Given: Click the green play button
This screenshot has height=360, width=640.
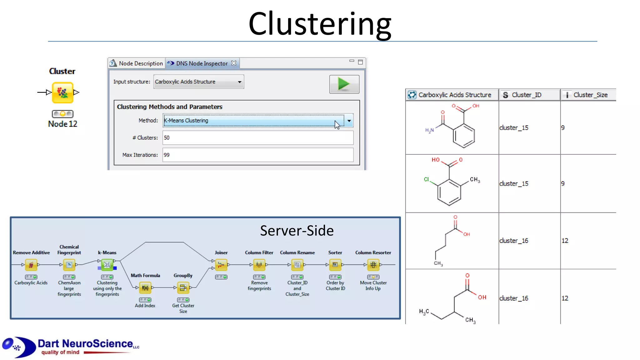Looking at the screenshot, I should (344, 84).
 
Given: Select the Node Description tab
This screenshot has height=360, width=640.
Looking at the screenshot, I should (137, 63).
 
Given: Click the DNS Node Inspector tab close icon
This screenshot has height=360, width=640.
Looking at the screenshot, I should (234, 63).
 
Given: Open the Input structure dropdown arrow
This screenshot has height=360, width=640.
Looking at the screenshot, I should (239, 82).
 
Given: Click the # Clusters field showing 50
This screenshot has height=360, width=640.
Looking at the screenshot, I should (257, 138).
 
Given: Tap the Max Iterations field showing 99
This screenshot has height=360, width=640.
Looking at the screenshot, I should (257, 155).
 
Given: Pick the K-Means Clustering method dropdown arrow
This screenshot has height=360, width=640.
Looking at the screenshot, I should (349, 121).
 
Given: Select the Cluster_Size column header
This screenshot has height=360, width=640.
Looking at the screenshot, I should (589, 95).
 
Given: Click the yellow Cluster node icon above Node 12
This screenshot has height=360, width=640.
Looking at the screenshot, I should (63, 92).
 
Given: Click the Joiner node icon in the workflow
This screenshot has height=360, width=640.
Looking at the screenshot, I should (221, 265).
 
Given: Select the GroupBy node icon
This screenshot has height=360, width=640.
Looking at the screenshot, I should (183, 287).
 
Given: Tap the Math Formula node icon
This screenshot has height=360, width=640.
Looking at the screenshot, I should (145, 287).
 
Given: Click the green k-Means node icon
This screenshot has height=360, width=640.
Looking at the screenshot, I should (107, 265).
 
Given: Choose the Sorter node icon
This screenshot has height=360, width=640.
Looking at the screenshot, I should (335, 265).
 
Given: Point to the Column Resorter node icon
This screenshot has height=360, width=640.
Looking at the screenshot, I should (373, 265).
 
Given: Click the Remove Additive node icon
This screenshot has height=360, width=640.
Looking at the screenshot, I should (31, 265).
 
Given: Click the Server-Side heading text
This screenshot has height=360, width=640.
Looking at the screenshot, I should (297, 231).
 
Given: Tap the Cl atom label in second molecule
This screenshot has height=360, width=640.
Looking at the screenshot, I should (426, 179).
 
